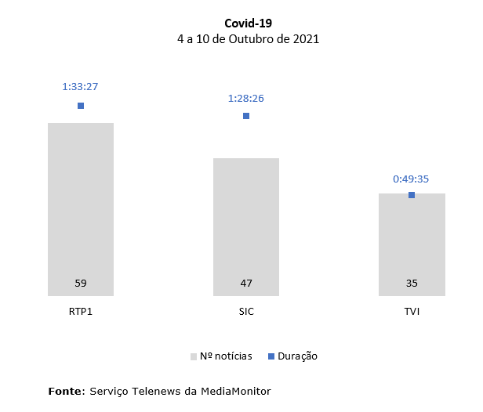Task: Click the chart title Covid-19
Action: point(248,23)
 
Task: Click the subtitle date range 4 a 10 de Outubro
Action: point(248,38)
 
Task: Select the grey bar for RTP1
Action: point(81,204)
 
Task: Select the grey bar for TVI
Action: point(412,243)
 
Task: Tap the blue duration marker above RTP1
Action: point(81,106)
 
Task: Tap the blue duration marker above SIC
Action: point(246,116)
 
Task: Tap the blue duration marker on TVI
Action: point(412,195)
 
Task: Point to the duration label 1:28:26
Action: point(245,98)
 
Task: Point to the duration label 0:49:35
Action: point(411,179)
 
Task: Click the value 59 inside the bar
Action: point(81,284)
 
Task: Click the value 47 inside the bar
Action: point(246,284)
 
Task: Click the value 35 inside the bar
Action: point(412,284)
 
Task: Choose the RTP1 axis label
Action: point(81,311)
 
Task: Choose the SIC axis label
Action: point(246,311)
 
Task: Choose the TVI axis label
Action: point(412,311)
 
